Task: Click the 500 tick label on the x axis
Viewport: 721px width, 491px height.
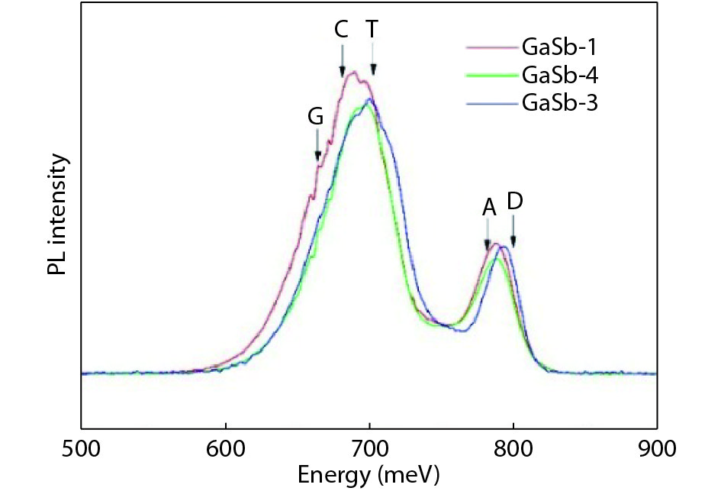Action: (x=81, y=447)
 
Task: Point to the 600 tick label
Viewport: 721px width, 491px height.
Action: (x=226, y=447)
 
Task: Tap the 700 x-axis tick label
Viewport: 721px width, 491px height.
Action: (x=369, y=447)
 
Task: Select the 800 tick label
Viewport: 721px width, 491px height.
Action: (x=513, y=447)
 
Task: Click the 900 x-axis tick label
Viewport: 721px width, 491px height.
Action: (x=657, y=447)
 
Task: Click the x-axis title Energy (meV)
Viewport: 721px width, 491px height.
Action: (x=369, y=476)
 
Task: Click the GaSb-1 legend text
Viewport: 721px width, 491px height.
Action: (x=558, y=49)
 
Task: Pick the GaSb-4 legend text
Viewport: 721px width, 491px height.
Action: (x=558, y=75)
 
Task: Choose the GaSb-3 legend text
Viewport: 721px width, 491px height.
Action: (x=558, y=102)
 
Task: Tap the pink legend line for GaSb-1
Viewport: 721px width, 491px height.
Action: (x=492, y=49)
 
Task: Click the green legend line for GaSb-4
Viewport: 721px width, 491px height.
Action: (x=492, y=75)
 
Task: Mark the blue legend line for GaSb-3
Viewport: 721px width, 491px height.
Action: (x=492, y=102)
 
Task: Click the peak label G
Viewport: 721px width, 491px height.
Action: (x=316, y=116)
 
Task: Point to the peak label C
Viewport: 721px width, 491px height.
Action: (x=341, y=30)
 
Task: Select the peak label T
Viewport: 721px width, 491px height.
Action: (x=372, y=30)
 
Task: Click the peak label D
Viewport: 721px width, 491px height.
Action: (x=514, y=202)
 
